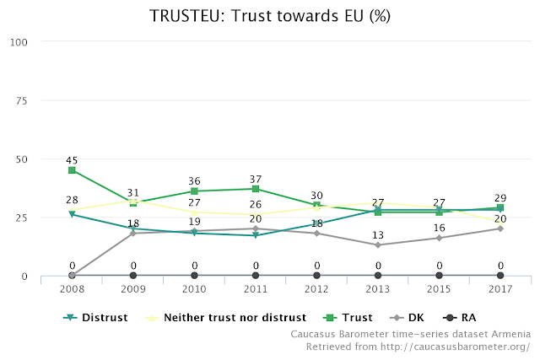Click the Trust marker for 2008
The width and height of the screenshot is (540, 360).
[x=73, y=170]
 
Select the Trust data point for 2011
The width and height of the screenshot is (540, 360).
[x=256, y=189]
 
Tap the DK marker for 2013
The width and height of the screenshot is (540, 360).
[x=378, y=245]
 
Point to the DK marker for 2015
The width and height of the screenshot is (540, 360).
[x=439, y=238]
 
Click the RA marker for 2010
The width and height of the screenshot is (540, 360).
[x=195, y=276]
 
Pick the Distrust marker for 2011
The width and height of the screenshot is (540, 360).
[x=256, y=235]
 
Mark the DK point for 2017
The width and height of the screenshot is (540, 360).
[x=500, y=228]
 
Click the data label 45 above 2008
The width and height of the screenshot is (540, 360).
[x=73, y=160]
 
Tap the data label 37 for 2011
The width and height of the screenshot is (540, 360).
[x=256, y=179]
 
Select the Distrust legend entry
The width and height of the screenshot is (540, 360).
[x=98, y=318]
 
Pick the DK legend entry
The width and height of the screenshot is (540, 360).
[x=407, y=318]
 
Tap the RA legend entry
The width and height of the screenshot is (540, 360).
[x=462, y=318]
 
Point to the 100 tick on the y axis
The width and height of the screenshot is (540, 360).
[x=19, y=42]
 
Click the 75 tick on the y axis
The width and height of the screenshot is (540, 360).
[x=21, y=100]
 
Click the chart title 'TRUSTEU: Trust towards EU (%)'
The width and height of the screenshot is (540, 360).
[x=270, y=16]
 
